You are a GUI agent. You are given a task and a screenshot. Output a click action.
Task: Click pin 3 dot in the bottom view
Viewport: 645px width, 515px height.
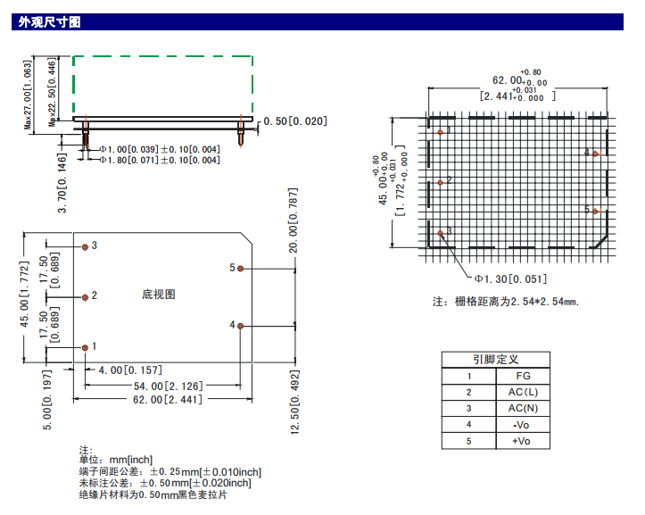pos(86,245)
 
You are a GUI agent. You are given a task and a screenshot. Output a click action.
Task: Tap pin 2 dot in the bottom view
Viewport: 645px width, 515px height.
pos(86,296)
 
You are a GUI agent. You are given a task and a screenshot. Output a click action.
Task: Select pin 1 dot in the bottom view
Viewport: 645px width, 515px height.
pos(86,346)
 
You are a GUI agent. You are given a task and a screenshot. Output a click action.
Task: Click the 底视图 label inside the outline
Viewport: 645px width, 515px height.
pos(158,295)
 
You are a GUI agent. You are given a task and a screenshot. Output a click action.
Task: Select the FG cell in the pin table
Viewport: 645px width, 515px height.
pos(523,376)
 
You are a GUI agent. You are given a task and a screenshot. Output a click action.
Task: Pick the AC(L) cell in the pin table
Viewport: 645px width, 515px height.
pos(523,392)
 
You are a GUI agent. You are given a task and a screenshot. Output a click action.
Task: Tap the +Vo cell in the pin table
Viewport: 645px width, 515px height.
pos(523,441)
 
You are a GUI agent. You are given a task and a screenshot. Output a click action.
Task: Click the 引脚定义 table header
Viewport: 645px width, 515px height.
pos(495,359)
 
